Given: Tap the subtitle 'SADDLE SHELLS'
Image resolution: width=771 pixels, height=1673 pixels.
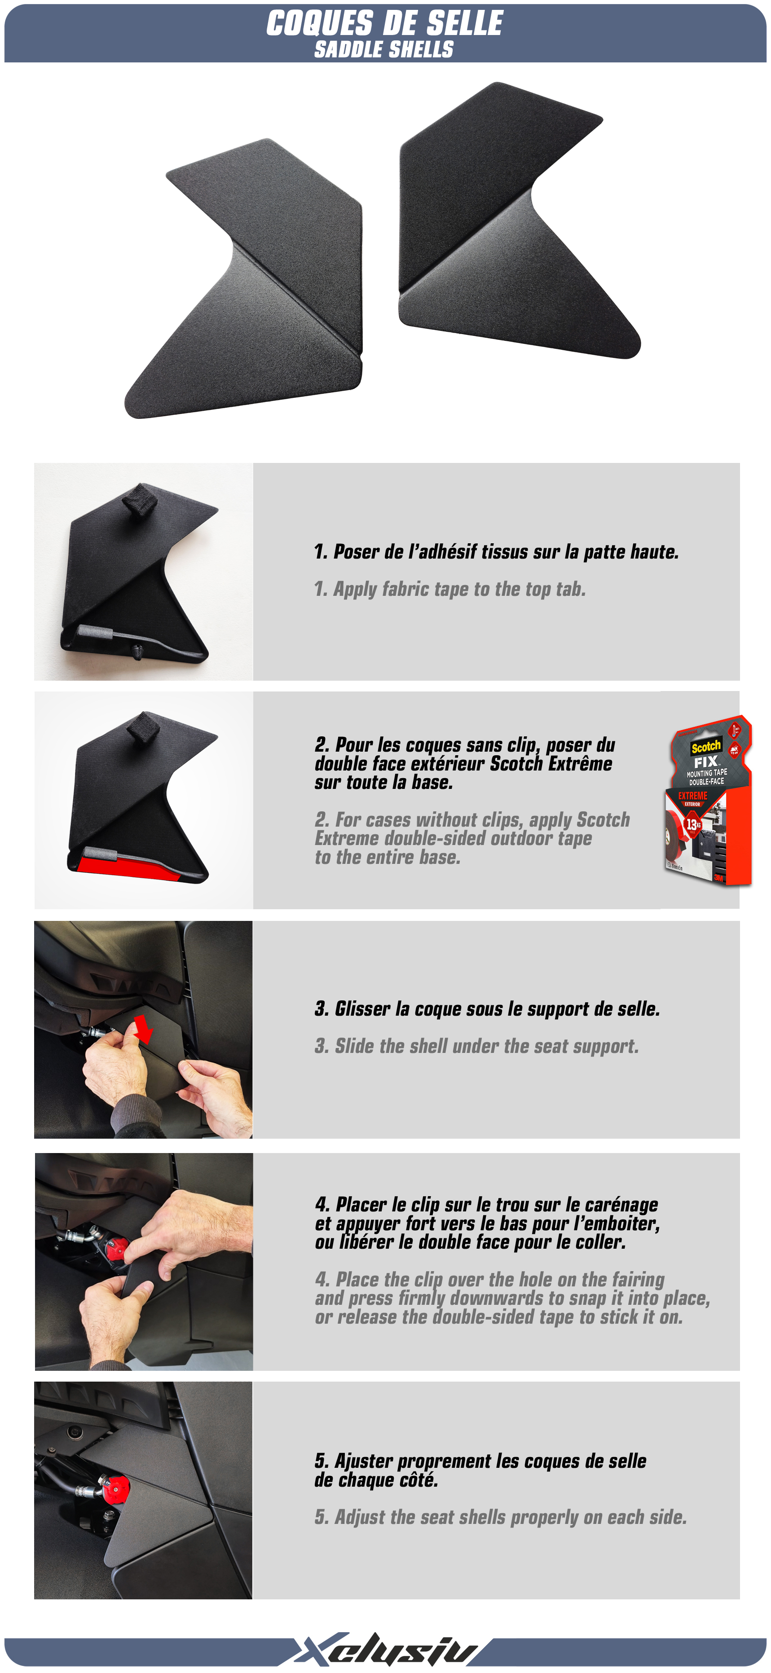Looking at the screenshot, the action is [384, 49].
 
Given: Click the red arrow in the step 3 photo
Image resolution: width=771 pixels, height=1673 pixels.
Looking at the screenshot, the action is [143, 1030].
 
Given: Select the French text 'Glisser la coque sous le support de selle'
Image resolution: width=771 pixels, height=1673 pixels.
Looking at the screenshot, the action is [497, 1008].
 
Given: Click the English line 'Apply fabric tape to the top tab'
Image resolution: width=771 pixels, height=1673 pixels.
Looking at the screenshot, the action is [459, 589].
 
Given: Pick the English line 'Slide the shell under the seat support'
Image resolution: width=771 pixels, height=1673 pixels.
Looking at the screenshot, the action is [486, 1046].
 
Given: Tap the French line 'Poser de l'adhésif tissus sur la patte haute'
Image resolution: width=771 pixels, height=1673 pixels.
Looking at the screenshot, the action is [506, 552].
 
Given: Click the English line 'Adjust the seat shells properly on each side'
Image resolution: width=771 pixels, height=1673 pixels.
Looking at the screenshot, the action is [511, 1517].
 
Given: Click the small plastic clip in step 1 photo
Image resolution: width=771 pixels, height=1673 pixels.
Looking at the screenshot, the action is [137, 652].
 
